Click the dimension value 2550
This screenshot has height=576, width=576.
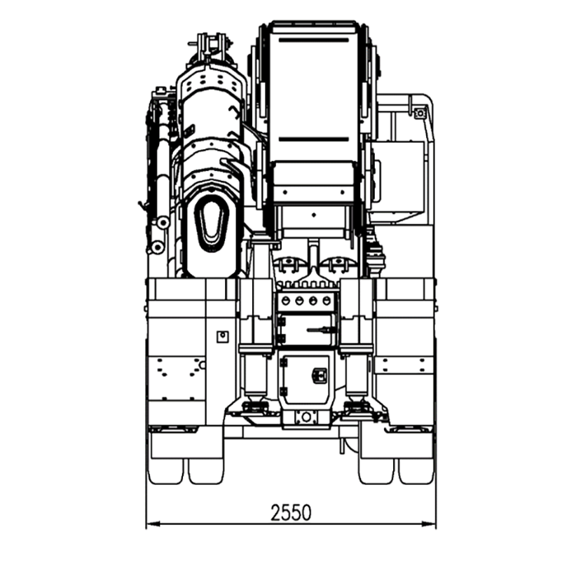(291, 513)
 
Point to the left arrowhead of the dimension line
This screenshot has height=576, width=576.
(153, 524)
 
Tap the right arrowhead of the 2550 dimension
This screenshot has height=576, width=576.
(429, 524)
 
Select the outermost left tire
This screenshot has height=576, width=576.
(165, 471)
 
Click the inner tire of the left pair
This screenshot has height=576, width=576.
(206, 471)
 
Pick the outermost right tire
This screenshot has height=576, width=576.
(416, 471)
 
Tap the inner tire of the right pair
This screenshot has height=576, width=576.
(376, 471)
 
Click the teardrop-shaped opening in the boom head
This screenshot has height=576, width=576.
(211, 224)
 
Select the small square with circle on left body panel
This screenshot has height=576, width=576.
(223, 336)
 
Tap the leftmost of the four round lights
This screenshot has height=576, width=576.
(285, 301)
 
